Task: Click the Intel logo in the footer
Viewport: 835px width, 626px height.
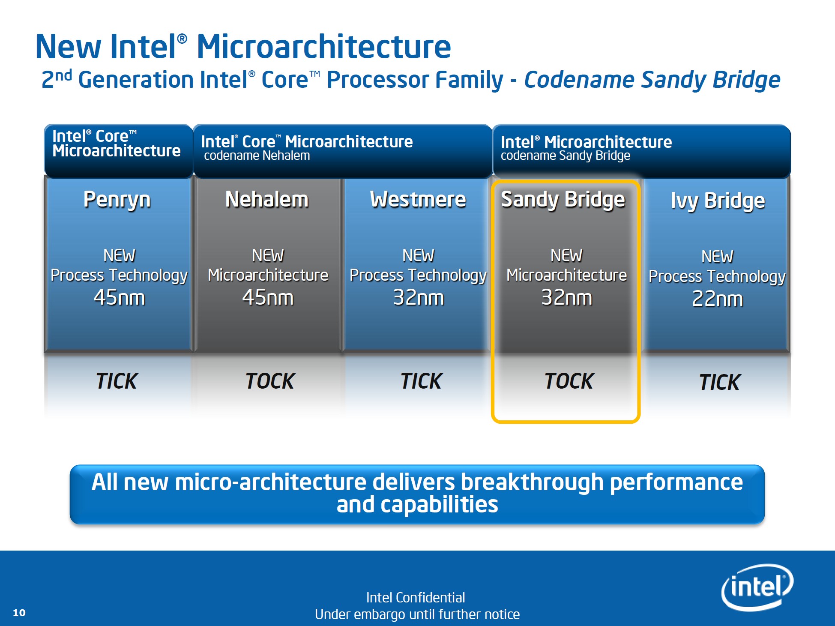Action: click(757, 587)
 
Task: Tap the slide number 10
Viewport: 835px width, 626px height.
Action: click(19, 613)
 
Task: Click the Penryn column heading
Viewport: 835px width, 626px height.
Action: click(117, 200)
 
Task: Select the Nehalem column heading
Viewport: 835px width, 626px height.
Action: click(267, 199)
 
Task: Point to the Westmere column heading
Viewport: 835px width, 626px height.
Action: click(418, 199)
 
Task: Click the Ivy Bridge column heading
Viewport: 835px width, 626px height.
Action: click(718, 201)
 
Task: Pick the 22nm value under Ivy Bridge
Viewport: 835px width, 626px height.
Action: click(718, 299)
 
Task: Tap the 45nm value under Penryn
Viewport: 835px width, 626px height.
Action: click(120, 297)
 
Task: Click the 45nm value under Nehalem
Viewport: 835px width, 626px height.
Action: click(268, 297)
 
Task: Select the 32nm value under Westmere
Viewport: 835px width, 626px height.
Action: click(419, 297)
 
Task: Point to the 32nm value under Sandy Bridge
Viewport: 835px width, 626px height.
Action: click(567, 297)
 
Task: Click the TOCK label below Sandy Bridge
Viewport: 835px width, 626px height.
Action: click(569, 381)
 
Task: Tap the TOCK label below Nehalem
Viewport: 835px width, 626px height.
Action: click(270, 381)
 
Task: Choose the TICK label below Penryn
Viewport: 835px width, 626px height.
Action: click(117, 381)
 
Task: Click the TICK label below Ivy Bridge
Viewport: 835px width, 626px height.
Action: click(720, 382)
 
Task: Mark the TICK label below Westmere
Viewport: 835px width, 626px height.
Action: click(422, 381)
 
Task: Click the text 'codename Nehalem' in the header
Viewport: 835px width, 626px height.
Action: click(257, 156)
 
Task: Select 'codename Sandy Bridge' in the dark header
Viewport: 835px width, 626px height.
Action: click(566, 156)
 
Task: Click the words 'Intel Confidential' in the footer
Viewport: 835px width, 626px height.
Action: click(416, 597)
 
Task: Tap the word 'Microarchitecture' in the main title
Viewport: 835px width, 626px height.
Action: click(324, 46)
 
